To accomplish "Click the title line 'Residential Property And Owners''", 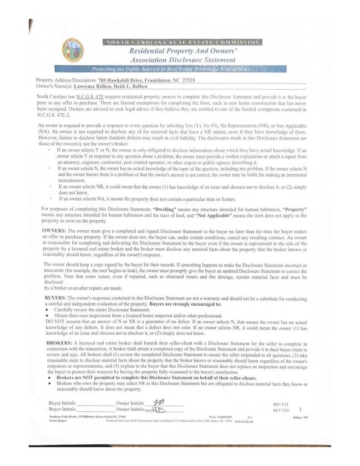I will (182, 51).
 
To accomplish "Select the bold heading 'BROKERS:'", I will (59, 342).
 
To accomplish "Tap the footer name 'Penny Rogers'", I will (58, 421).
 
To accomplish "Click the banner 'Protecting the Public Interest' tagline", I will (171, 70).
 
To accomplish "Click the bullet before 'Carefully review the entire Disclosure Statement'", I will (48, 309).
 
